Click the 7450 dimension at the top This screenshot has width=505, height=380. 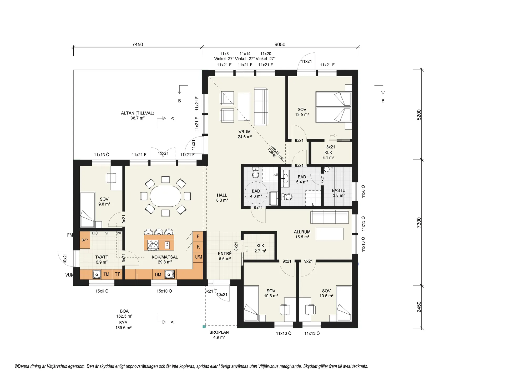tap(138, 45)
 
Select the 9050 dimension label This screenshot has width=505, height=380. tap(280, 45)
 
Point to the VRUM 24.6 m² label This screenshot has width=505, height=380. tap(245, 134)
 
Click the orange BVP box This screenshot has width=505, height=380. tap(85, 240)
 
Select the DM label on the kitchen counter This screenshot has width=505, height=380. tap(158, 275)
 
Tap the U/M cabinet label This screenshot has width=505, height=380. tap(198, 256)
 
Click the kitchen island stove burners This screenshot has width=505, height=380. tap(153, 245)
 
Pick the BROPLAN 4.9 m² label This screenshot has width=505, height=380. tap(219, 335)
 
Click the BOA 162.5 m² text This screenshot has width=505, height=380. tap(124, 314)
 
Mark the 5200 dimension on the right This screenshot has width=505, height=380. tap(419, 115)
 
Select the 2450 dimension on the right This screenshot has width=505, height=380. tap(419, 307)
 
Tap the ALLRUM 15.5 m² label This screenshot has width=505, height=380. tap(302, 234)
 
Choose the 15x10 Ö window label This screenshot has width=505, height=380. tap(164, 291)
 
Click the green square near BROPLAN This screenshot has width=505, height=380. tap(204, 327)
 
